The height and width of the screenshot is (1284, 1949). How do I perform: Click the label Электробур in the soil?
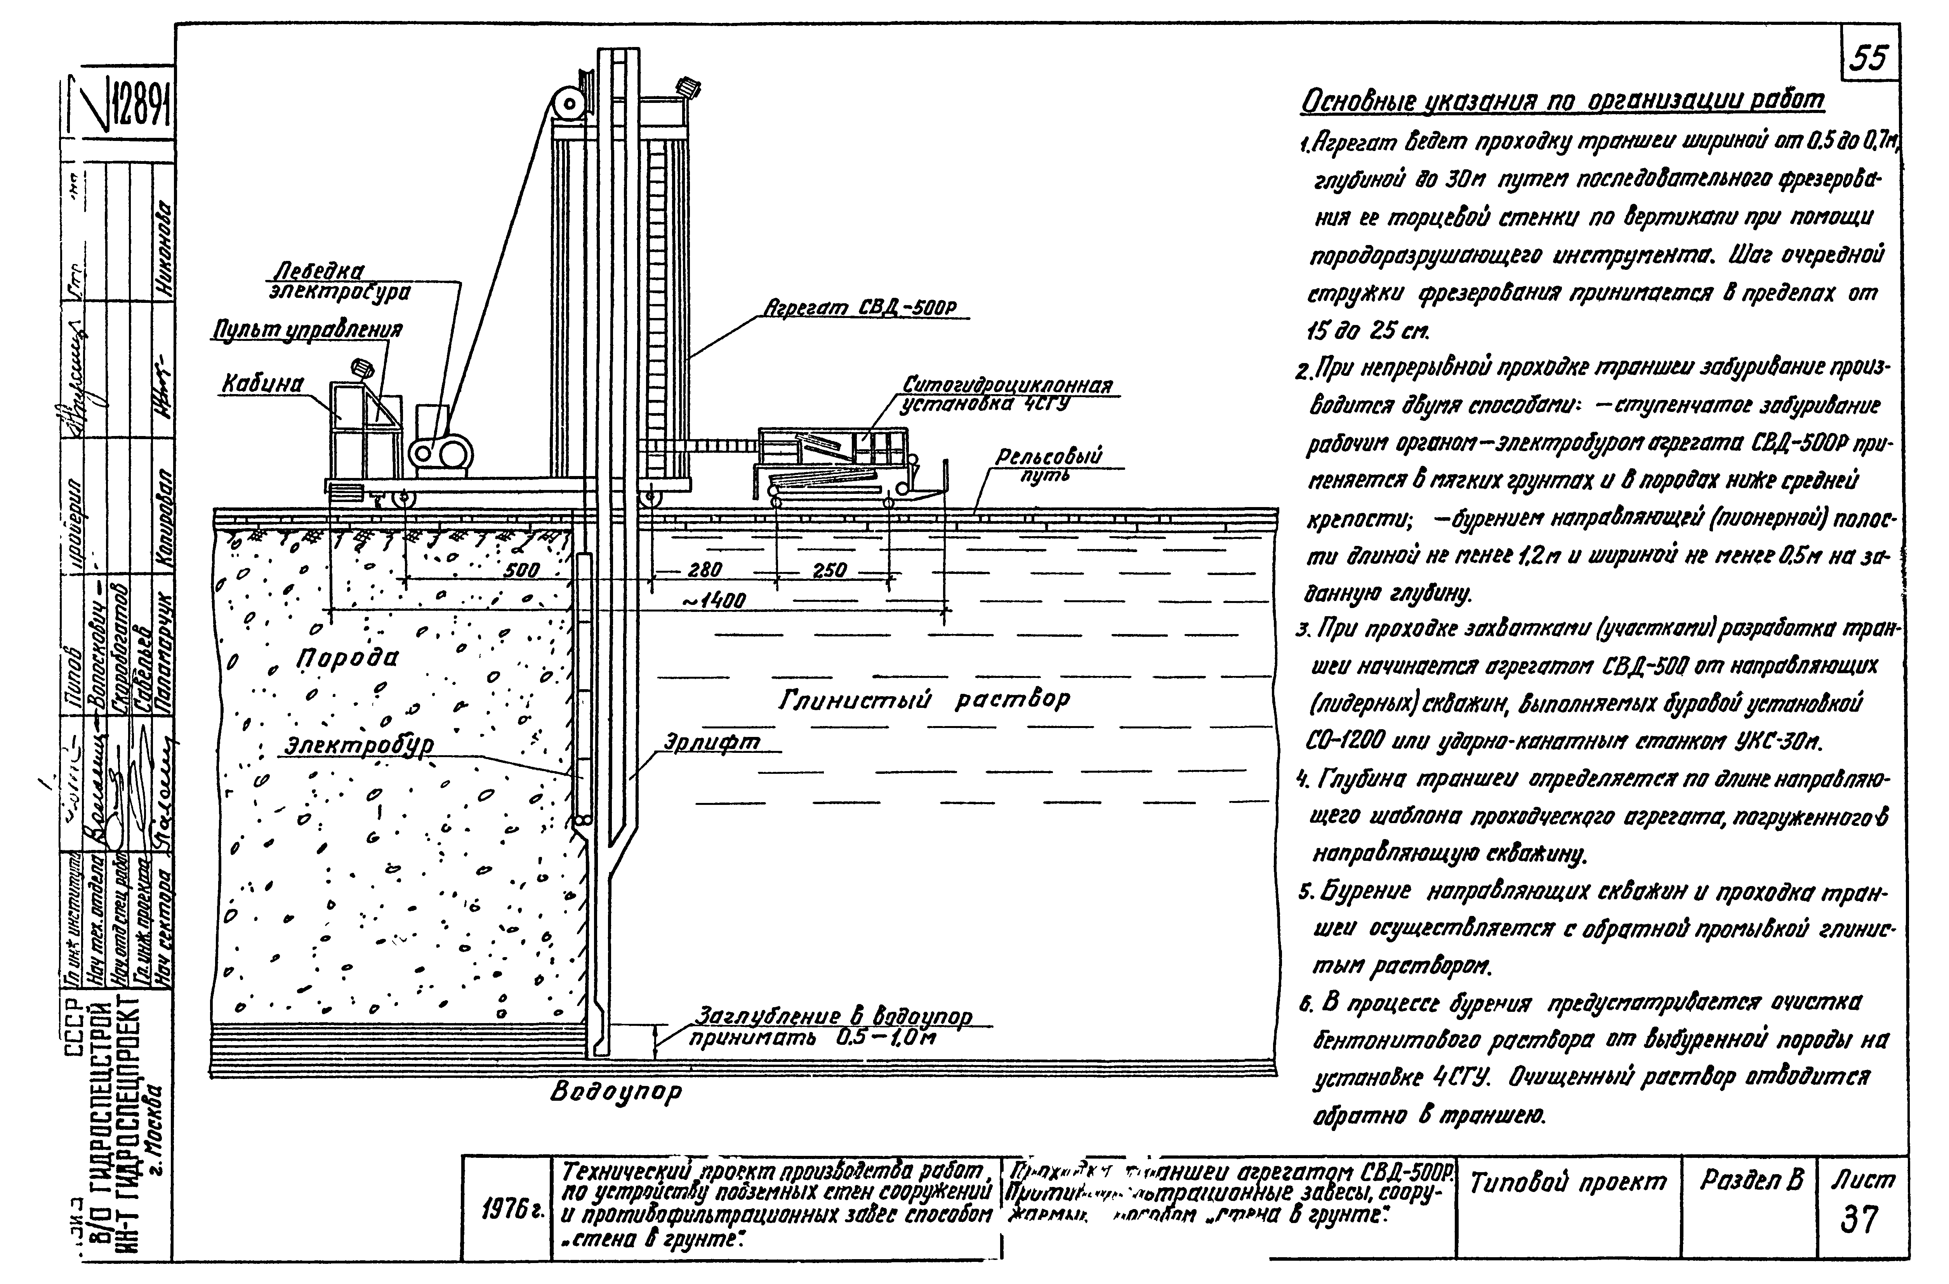pyautogui.click(x=359, y=746)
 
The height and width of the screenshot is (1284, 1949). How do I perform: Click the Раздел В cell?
pyautogui.click(x=1751, y=1180)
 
